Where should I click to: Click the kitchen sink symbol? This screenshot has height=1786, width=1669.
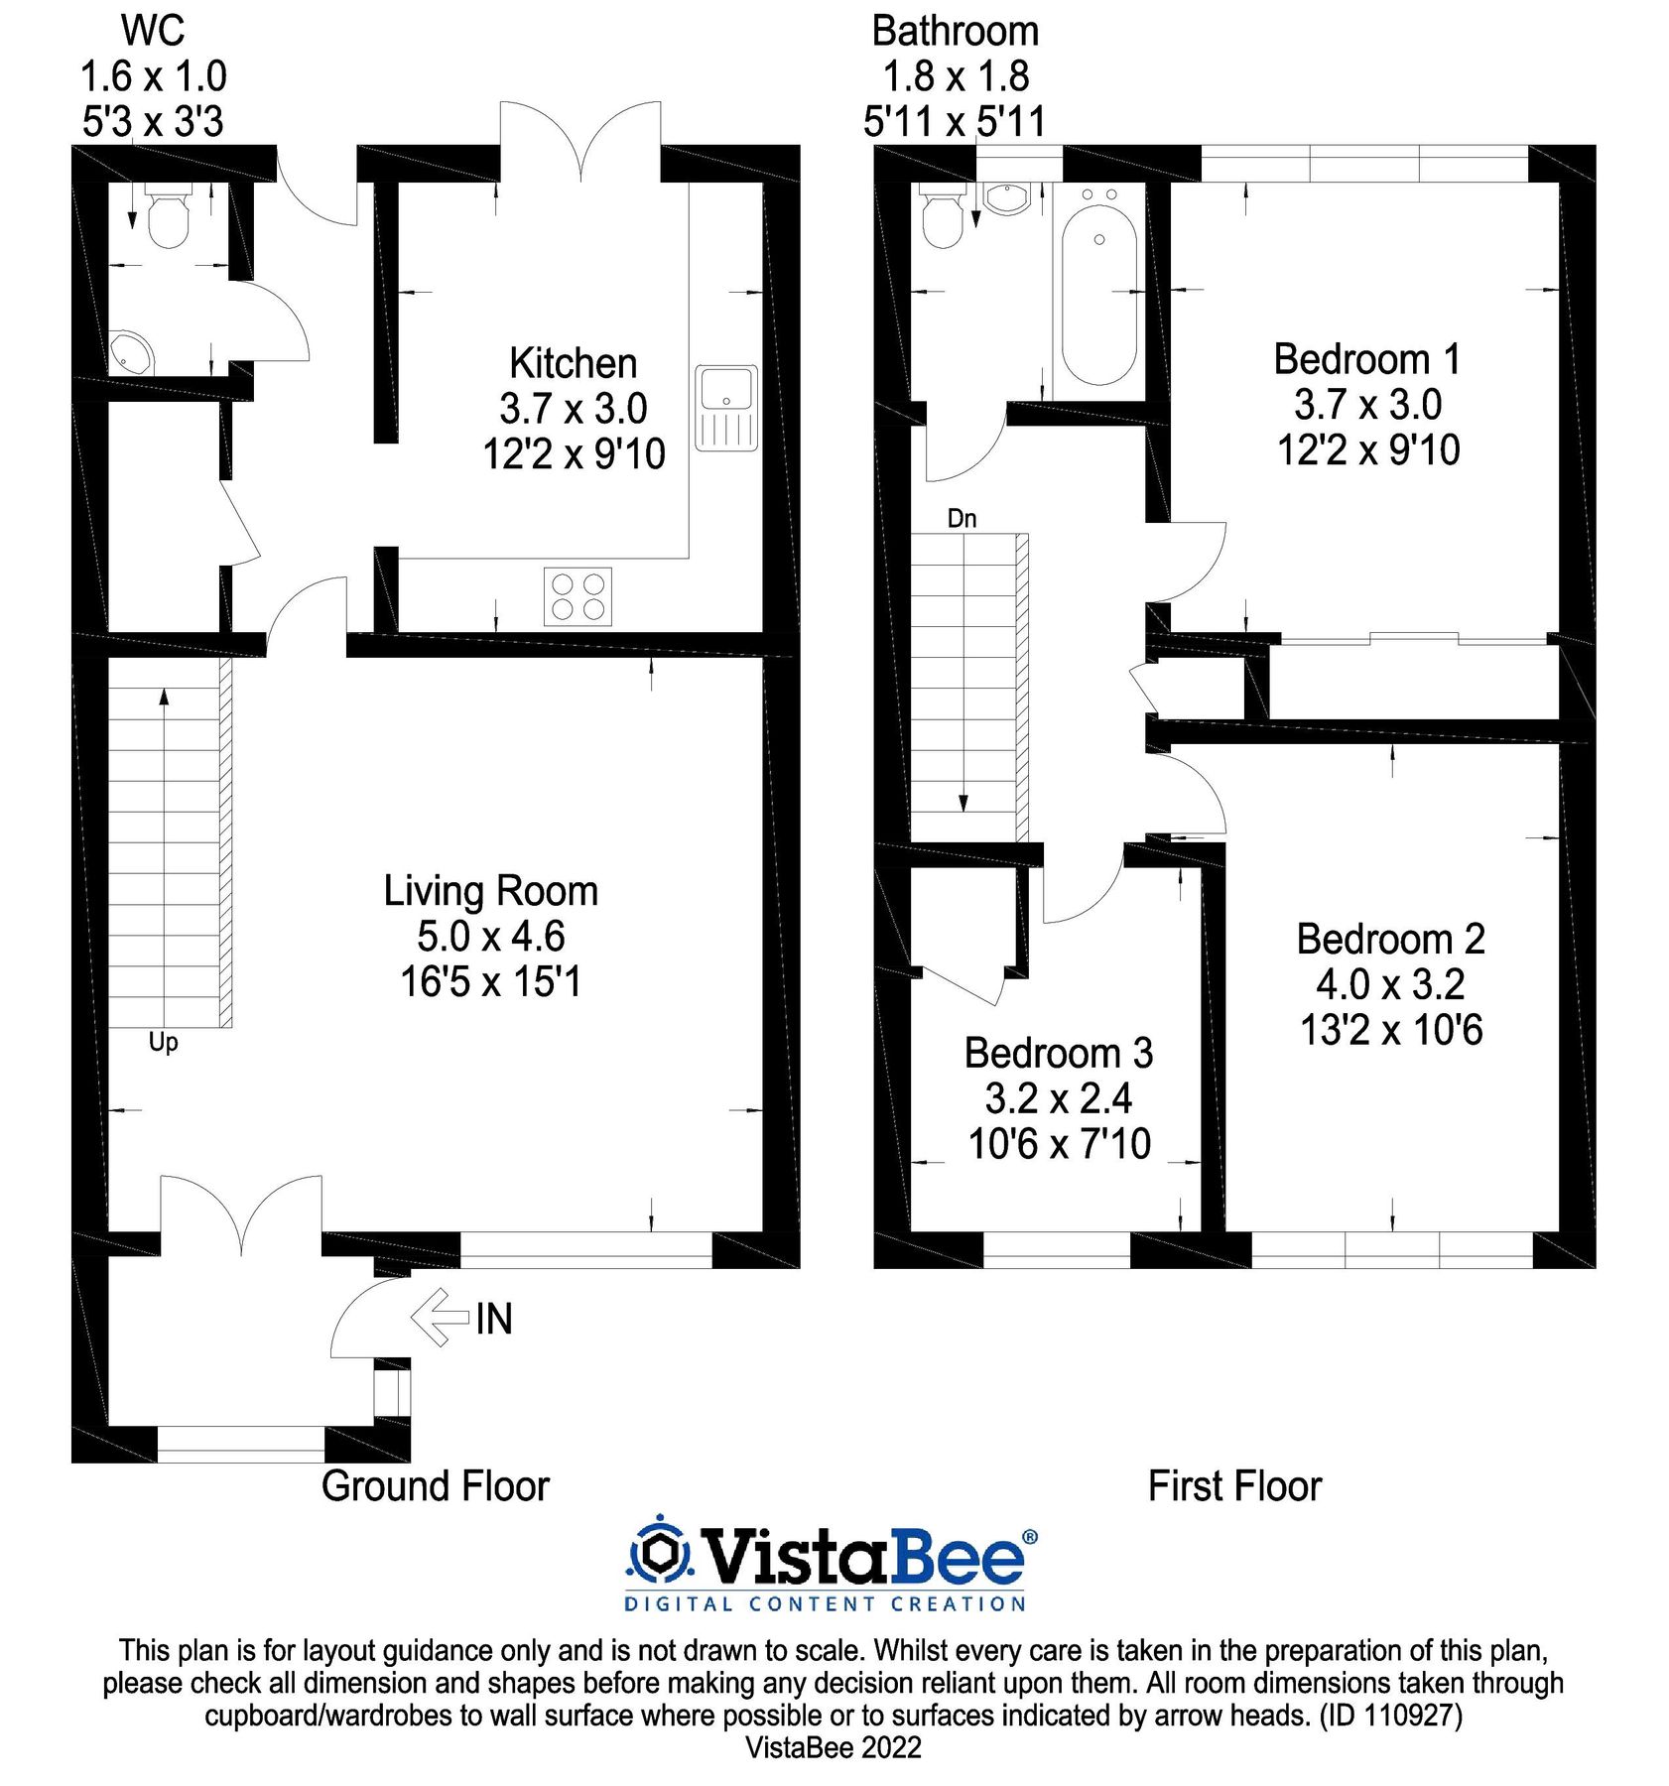tap(725, 408)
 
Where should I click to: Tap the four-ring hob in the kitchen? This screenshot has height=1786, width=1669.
tap(578, 596)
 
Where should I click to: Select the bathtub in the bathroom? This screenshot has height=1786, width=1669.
tap(1098, 294)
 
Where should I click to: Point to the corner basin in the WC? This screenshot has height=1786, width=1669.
tap(130, 352)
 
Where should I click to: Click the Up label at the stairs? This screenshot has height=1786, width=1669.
tap(163, 1042)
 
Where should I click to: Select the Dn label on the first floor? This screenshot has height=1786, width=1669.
tap(962, 518)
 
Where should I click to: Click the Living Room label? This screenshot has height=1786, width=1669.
tap(490, 891)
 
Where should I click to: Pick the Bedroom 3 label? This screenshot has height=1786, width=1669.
tap(1059, 1053)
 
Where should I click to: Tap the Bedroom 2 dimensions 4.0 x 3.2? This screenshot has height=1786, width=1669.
tap(1390, 984)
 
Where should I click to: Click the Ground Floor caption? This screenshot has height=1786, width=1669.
tap(435, 1486)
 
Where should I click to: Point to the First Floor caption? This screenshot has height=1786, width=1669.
tap(1234, 1486)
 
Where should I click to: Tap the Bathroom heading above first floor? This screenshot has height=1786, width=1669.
tap(955, 32)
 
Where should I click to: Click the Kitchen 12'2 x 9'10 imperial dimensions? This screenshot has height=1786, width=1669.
tap(574, 454)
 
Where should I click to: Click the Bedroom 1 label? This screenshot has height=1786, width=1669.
tap(1366, 359)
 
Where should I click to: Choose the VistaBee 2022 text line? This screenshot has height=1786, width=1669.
tap(834, 1747)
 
